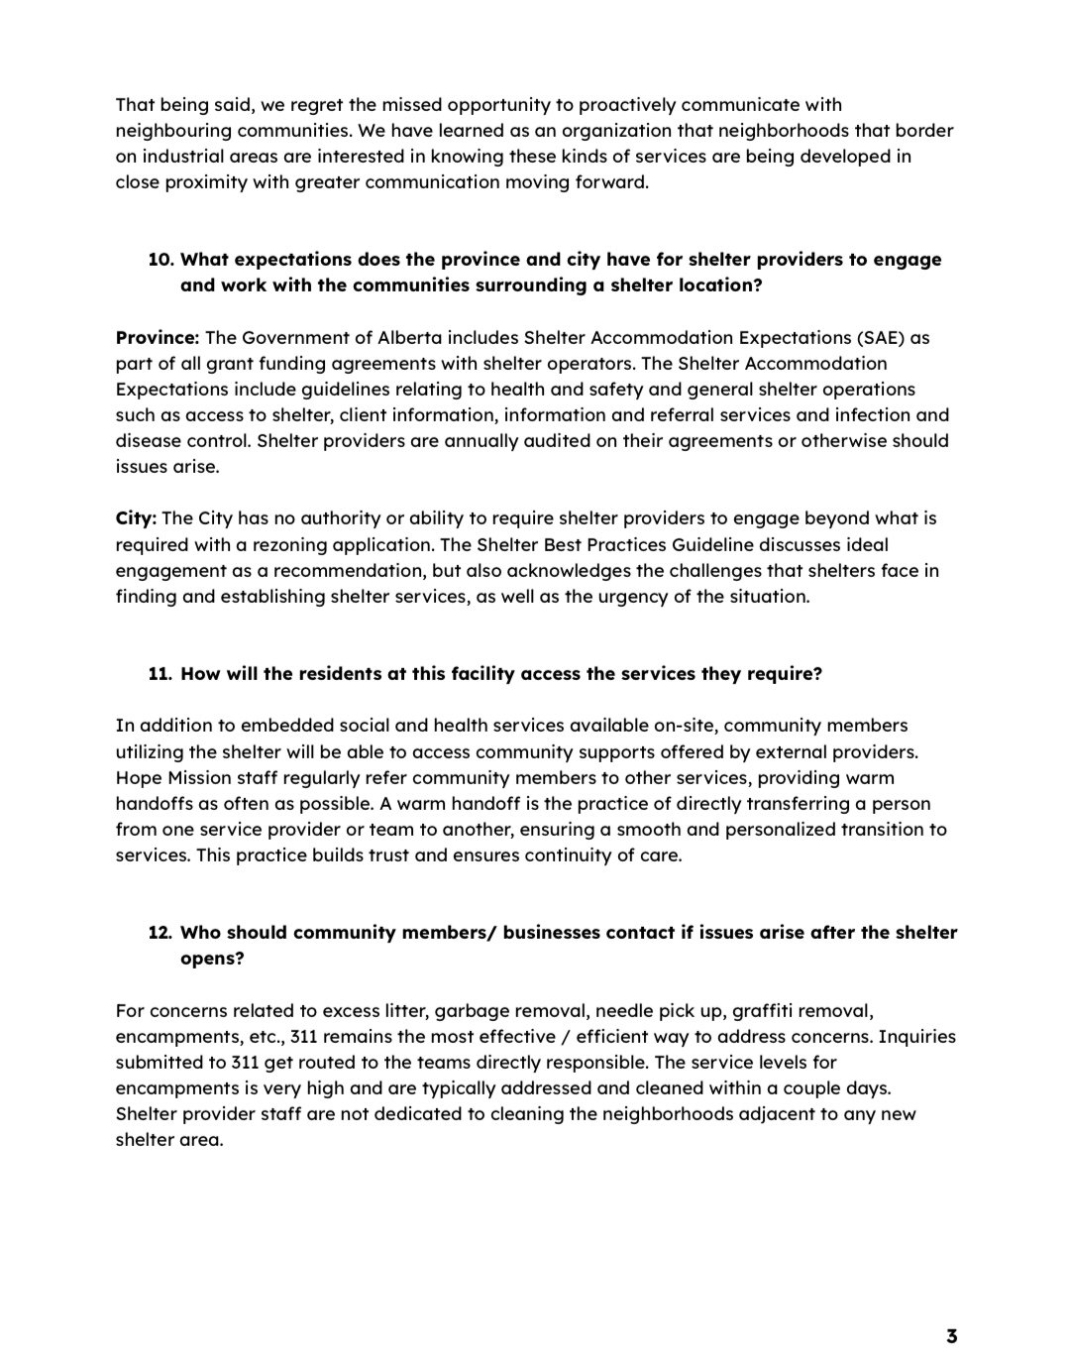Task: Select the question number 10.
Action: tap(161, 260)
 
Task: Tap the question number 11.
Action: tap(160, 674)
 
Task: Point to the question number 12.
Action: tap(160, 933)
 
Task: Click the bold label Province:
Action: tap(158, 338)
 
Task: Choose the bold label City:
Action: tap(136, 518)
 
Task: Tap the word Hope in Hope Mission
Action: tap(137, 778)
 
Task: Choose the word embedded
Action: tap(257, 726)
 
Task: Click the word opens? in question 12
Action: tap(212, 959)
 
